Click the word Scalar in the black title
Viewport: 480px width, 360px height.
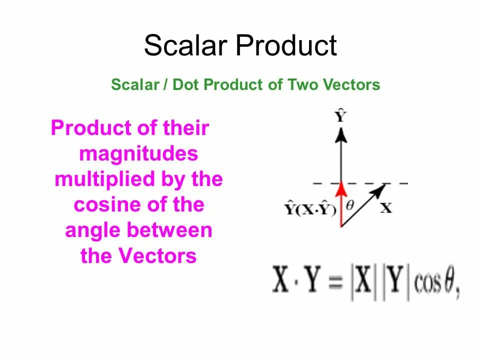coord(186,46)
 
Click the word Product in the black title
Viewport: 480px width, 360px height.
coord(286,46)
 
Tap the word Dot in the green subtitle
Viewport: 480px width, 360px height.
coord(186,85)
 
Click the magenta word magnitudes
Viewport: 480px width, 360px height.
coord(138,154)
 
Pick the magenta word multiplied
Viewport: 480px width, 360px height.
coord(104,179)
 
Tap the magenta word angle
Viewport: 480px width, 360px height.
coord(93,231)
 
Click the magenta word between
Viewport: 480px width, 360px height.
coord(169,230)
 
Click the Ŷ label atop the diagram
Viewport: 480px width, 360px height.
coord(341,117)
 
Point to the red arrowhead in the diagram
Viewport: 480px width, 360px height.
coord(341,189)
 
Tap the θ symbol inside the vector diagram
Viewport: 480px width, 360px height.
coord(350,204)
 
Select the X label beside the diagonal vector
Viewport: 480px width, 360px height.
coord(386,207)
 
